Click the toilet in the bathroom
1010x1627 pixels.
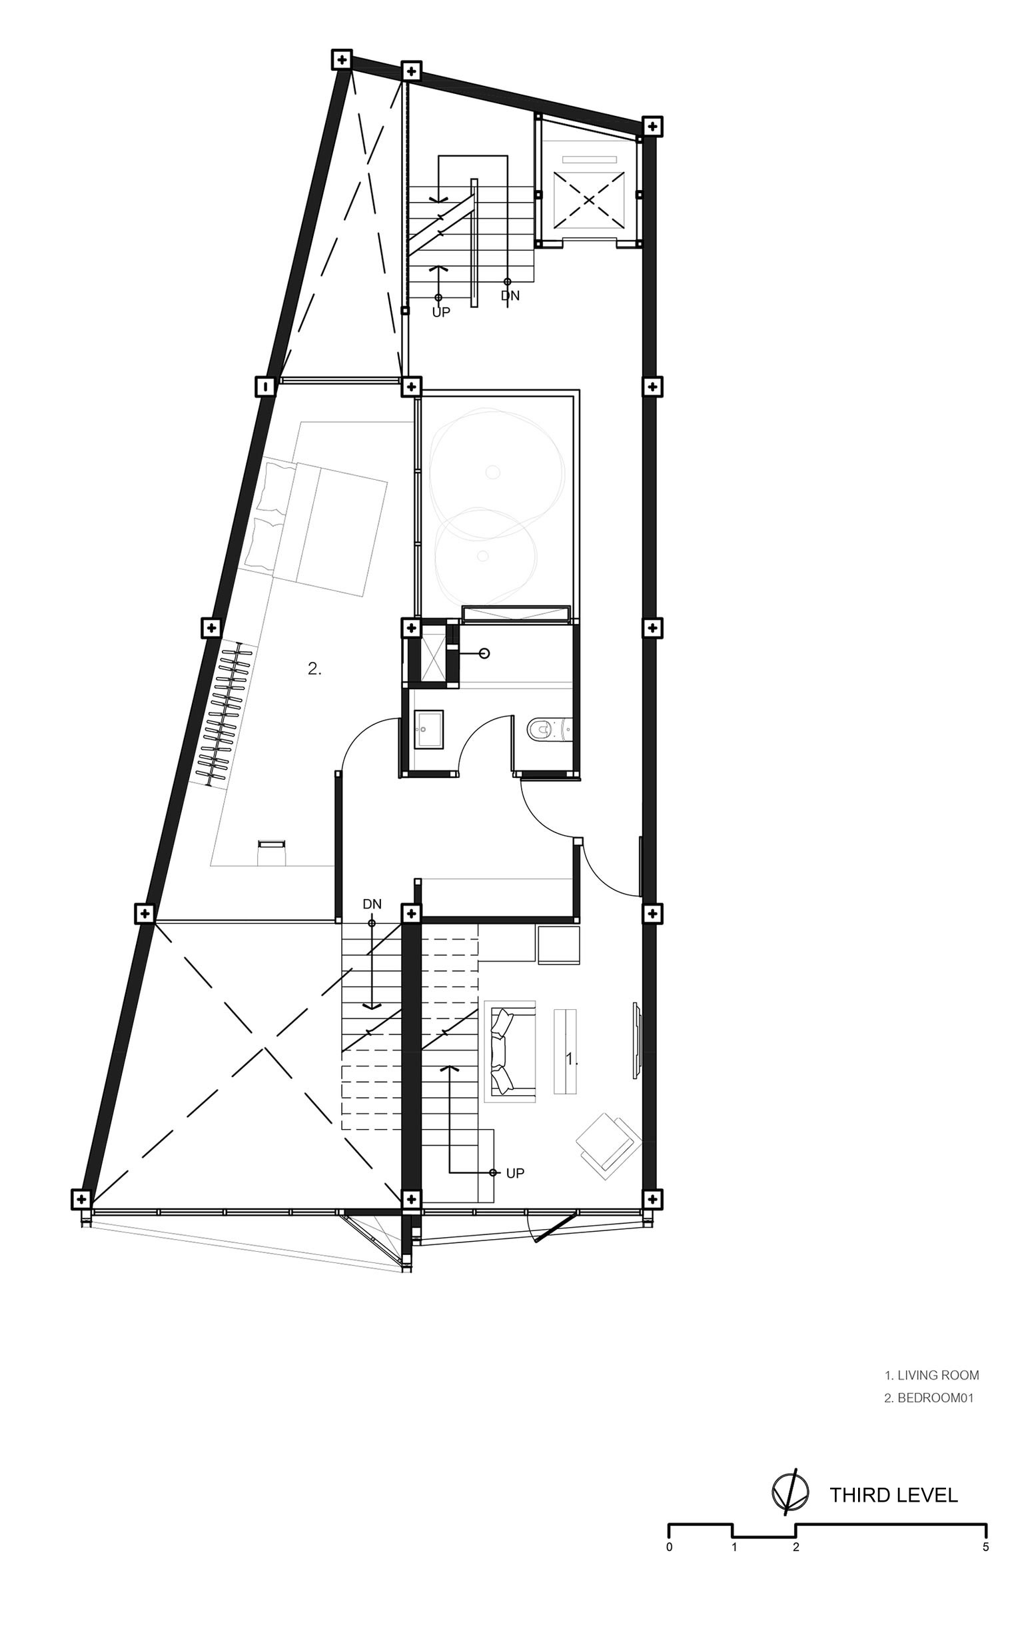tap(550, 730)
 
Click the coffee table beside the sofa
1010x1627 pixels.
tap(565, 1051)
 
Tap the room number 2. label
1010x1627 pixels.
tap(314, 668)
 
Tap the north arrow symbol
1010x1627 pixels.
tap(789, 1492)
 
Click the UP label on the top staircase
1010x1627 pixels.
tap(441, 312)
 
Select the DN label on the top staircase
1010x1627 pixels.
tap(510, 296)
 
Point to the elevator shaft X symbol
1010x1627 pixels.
tap(588, 199)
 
